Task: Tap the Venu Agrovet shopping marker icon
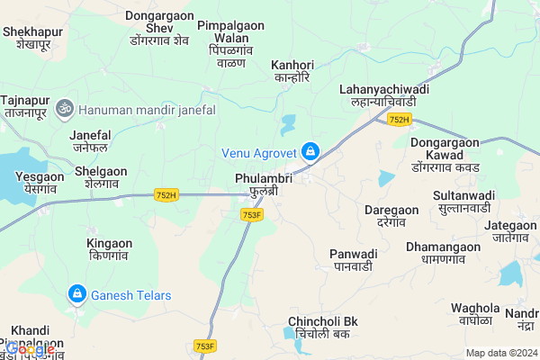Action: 310,151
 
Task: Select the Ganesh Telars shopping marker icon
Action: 77,294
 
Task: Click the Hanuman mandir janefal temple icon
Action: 63,109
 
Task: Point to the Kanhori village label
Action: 292,71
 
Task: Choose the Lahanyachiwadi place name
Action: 384,96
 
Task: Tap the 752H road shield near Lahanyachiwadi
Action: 399,120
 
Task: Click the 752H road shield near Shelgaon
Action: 166,194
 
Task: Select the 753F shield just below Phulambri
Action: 252,214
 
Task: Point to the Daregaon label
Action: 391,215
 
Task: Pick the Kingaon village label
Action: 110,249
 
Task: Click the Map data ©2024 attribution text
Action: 500,353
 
